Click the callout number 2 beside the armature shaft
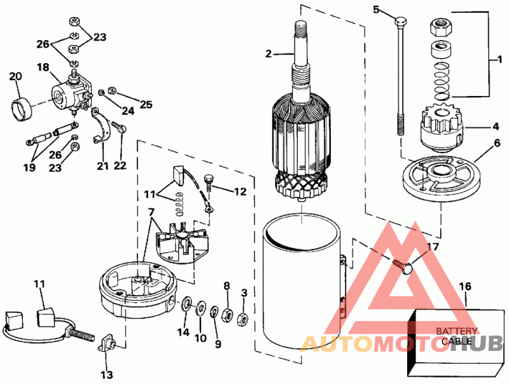[x=268, y=54]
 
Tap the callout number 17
[x=432, y=247]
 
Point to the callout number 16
[x=465, y=286]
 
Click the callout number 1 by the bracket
[x=496, y=59]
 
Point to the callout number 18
[x=43, y=67]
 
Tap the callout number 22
[x=120, y=166]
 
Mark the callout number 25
[x=146, y=104]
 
